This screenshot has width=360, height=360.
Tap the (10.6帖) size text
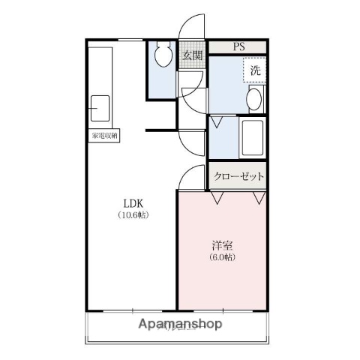click(x=132, y=215)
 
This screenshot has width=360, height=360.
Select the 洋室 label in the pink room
click(x=221, y=245)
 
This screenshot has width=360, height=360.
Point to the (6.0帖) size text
click(x=221, y=257)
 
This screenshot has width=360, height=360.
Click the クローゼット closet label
click(x=238, y=176)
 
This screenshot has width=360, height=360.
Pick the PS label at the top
click(x=238, y=47)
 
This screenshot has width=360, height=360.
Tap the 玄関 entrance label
click(x=192, y=55)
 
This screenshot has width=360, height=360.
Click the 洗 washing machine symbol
click(x=255, y=71)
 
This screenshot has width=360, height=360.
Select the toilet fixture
click(x=162, y=55)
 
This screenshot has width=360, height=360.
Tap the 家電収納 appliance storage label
click(x=105, y=136)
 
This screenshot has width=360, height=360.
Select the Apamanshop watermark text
click(x=181, y=325)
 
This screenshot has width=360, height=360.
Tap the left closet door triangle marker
click(x=217, y=198)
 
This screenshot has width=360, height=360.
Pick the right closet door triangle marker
click(x=259, y=198)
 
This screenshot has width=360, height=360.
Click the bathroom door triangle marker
click(x=217, y=121)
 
